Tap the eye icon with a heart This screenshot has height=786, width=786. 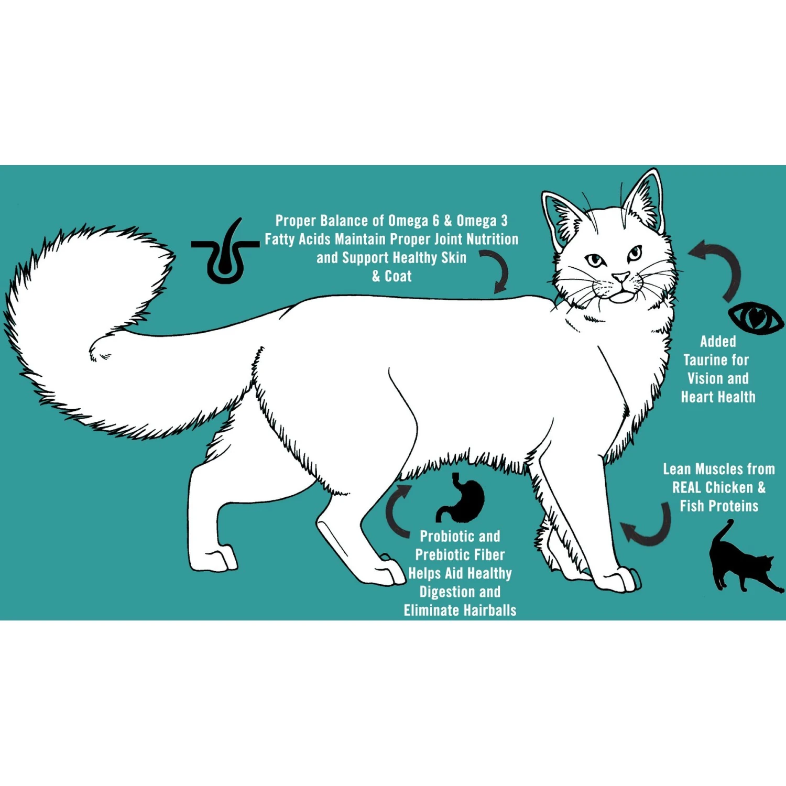coord(756,318)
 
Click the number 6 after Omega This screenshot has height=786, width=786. coord(436,221)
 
